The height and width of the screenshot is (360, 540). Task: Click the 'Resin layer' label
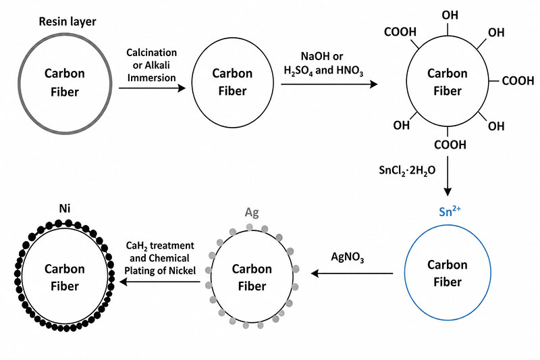click(x=67, y=22)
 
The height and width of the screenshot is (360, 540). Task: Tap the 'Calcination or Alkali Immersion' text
click(x=151, y=65)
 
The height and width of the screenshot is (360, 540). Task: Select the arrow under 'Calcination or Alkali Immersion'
click(x=153, y=88)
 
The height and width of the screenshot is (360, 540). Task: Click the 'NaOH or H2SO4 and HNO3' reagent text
click(x=323, y=63)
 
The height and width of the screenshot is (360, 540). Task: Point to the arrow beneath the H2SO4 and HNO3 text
click(x=329, y=84)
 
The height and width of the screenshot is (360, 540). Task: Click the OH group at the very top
click(x=450, y=15)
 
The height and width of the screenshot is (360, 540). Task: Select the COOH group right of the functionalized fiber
click(x=518, y=81)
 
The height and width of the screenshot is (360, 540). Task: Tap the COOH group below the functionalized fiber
click(x=450, y=145)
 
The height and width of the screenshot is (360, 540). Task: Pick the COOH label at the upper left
click(x=400, y=32)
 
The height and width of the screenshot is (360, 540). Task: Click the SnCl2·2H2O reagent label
click(x=407, y=170)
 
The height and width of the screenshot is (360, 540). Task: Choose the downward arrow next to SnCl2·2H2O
click(x=448, y=176)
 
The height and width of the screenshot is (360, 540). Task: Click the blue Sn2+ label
click(x=450, y=211)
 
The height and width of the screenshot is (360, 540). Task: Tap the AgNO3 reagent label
click(x=348, y=257)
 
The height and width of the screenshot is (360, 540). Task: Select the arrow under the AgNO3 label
click(x=352, y=274)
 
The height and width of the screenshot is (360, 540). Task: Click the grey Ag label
click(x=252, y=213)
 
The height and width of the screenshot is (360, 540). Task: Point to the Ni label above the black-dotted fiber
click(x=65, y=209)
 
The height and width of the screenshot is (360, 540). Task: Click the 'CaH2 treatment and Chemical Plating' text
click(x=160, y=252)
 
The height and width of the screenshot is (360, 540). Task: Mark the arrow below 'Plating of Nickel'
click(x=160, y=282)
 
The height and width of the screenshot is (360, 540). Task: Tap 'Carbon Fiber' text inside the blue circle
click(x=448, y=274)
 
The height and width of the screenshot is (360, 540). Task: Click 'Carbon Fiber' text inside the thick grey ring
click(x=65, y=82)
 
